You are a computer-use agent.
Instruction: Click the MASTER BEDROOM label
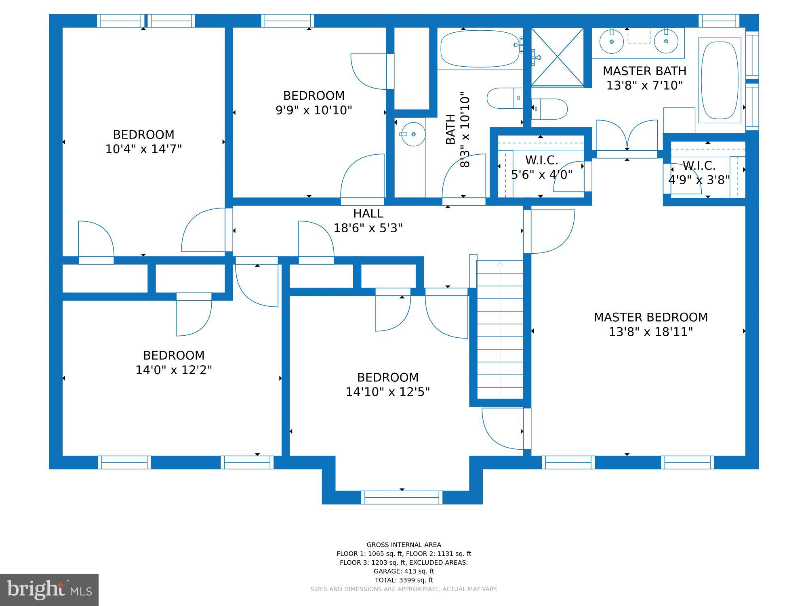tap(650, 317)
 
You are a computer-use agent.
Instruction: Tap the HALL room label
tap(368, 213)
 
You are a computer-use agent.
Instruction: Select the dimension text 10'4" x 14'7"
tap(143, 149)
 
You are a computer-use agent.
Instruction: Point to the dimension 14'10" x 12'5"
tap(388, 392)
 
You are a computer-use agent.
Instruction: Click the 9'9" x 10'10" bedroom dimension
tap(314, 110)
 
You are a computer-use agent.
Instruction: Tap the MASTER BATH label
tap(644, 71)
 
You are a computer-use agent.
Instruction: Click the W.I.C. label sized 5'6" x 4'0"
tap(542, 160)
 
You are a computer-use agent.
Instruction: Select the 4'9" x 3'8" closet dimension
tap(699, 180)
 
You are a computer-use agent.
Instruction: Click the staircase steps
tap(500, 330)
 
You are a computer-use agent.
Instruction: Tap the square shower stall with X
tap(557, 57)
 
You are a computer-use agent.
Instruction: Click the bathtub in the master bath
tap(720, 80)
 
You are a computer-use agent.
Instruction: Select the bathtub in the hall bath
tap(480, 48)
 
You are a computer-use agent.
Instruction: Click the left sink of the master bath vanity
tap(612, 41)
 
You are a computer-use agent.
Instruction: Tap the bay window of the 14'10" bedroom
tap(402, 497)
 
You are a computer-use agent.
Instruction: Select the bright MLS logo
tap(49, 590)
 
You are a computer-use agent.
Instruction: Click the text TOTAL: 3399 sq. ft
tap(404, 580)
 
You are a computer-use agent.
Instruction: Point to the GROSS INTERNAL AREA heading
tap(404, 545)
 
